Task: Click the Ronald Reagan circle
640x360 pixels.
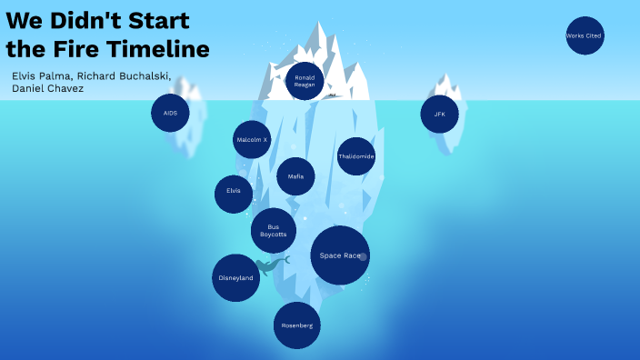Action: [x=305, y=81]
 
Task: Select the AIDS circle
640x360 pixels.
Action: [x=170, y=113]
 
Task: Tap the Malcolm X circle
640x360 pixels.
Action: [x=252, y=140]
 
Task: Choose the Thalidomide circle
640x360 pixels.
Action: [x=356, y=156]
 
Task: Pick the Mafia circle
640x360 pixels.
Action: [x=295, y=176]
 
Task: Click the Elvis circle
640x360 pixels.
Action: [x=234, y=192]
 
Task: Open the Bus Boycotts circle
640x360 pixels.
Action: [x=274, y=231]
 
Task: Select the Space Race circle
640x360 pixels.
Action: [x=340, y=255]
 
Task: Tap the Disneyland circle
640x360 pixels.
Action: [x=235, y=277]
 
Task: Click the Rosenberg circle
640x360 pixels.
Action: [x=296, y=325]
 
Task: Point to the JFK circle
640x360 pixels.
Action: [x=440, y=114]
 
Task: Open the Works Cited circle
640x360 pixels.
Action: [x=584, y=35]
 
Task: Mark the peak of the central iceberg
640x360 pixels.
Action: [x=319, y=25]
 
